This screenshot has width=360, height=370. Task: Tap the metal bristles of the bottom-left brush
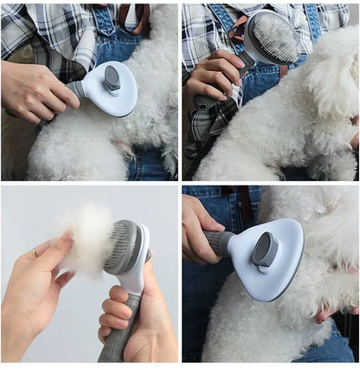click(121, 247)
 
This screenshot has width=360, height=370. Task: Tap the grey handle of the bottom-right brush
click(220, 243)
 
